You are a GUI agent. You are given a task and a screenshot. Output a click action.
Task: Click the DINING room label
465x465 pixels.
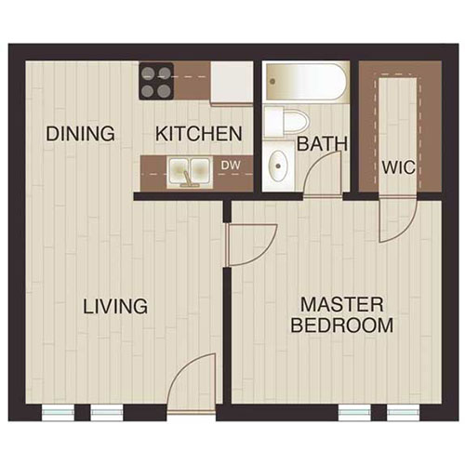coord(81,133)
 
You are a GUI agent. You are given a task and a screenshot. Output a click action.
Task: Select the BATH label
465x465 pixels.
coord(322,144)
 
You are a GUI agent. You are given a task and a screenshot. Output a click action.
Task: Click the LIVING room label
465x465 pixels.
coord(115,305)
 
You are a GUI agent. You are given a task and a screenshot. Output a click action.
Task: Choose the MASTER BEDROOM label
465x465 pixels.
coord(341,314)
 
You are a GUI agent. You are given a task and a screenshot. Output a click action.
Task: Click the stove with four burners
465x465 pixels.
coord(157,80)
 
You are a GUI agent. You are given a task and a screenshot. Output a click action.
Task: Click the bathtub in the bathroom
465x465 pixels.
coord(306,82)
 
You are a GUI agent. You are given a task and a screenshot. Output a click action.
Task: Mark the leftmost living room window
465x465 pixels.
coord(59,410)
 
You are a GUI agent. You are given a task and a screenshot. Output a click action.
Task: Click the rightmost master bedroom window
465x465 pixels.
coord(401,410)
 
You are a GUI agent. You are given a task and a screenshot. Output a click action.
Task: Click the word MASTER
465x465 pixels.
coord(341,304)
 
